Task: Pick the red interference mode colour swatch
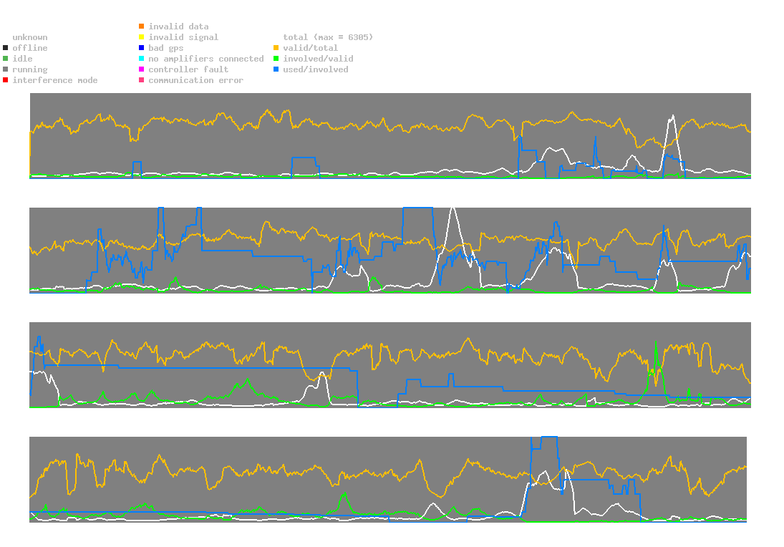[6, 80]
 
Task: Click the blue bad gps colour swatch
[142, 48]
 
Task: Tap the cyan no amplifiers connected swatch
[142, 59]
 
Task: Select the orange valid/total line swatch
[276, 48]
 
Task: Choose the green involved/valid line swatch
[276, 59]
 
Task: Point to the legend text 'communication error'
[195, 80]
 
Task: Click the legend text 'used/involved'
[315, 69]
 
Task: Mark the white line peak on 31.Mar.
[452, 208]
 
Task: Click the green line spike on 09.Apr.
[656, 343]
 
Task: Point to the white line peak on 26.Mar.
[672, 116]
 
